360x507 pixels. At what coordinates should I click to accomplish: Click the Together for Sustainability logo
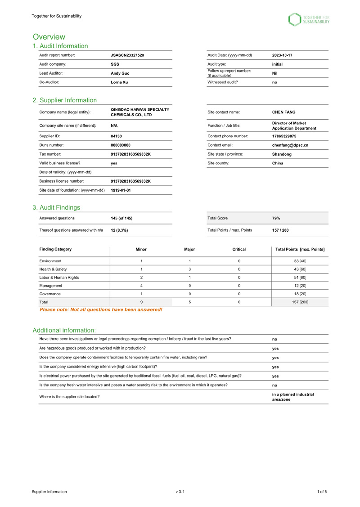point(309,19)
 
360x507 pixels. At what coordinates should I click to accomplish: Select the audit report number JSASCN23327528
point(127,55)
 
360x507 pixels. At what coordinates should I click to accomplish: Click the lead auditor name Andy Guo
point(121,73)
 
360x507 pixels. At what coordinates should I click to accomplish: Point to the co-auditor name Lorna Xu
point(119,82)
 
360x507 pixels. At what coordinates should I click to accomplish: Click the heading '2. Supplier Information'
point(64,100)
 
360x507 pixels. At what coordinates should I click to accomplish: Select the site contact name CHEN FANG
point(284,112)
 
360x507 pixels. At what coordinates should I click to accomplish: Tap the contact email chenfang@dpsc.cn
point(290,145)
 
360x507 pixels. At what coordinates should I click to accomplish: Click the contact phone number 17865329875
point(287,136)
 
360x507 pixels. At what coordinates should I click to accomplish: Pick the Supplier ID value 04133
point(116,136)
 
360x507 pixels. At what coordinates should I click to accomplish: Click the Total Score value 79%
point(276,218)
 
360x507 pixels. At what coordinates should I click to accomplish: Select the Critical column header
point(239,249)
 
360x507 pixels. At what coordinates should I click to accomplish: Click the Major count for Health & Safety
point(190,269)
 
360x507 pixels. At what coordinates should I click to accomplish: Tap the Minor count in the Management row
point(141,286)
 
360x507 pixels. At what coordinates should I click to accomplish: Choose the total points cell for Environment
point(300,261)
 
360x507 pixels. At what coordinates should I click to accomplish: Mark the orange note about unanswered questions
point(101,310)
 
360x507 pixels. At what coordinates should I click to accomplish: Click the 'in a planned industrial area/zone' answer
point(293,397)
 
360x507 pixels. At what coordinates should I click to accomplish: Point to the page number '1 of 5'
point(322,492)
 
